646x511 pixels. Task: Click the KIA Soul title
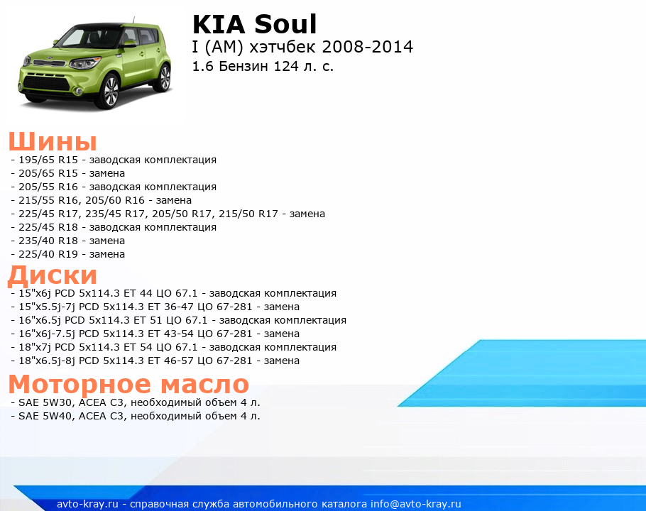255,24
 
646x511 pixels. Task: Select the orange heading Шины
53,141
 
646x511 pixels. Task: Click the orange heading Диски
53,275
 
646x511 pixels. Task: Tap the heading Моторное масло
128,384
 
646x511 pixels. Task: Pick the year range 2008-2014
368,47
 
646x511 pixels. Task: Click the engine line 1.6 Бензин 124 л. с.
263,66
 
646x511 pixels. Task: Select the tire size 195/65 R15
48,160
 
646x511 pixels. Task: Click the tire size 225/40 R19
48,254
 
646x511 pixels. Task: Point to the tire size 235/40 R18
48,241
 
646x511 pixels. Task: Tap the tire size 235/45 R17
114,214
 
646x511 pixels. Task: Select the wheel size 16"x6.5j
40,320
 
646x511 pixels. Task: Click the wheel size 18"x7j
35,347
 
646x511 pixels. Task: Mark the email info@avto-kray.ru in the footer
416,504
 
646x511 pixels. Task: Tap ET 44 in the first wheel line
138,293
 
